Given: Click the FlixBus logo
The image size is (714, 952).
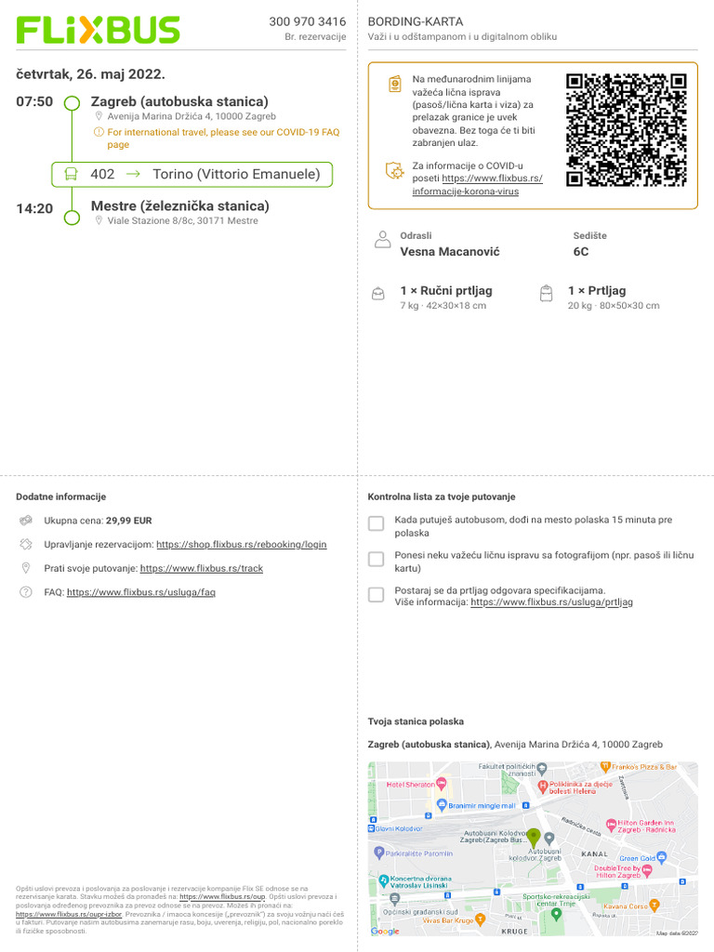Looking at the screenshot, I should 98,30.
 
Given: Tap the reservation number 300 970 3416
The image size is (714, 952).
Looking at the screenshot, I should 307,21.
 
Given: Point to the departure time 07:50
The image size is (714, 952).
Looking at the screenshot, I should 34,101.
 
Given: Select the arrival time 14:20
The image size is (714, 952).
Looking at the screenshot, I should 34,208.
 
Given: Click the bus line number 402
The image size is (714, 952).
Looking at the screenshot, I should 102,174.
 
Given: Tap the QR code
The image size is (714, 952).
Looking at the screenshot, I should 626,129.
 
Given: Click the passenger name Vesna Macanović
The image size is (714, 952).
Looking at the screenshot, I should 449,252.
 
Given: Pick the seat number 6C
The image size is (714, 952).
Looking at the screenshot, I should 581,252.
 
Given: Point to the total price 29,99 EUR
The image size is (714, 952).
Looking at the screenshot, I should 128,522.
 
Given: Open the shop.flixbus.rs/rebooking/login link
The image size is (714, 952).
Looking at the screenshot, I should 241,545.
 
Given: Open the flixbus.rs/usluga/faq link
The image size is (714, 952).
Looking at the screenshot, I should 140,592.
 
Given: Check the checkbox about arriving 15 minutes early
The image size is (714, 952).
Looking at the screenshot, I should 376,523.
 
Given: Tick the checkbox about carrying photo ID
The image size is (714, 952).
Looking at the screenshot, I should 376,559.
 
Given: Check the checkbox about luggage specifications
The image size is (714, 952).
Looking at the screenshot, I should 376,594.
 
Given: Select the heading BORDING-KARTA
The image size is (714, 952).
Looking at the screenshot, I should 415,21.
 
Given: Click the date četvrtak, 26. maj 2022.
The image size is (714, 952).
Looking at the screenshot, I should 90,74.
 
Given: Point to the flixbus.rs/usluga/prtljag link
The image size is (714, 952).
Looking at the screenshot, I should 551,602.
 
